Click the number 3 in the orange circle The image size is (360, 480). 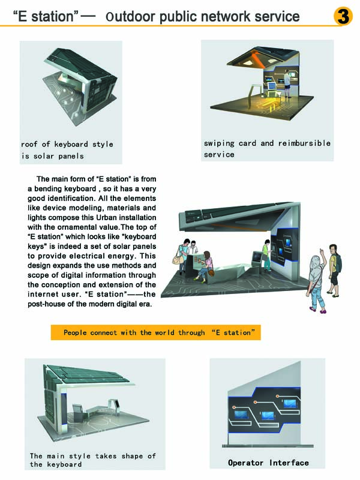[x=343, y=16]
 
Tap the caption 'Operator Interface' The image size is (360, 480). [x=268, y=463]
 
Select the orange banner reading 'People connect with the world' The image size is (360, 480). [x=156, y=332]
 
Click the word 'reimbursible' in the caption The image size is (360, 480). [x=304, y=143]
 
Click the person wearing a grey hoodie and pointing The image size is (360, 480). [x=316, y=280]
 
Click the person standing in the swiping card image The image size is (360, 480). [x=287, y=83]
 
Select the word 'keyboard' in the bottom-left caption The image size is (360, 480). [x=64, y=464]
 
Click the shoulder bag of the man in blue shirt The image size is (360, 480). [x=177, y=259]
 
